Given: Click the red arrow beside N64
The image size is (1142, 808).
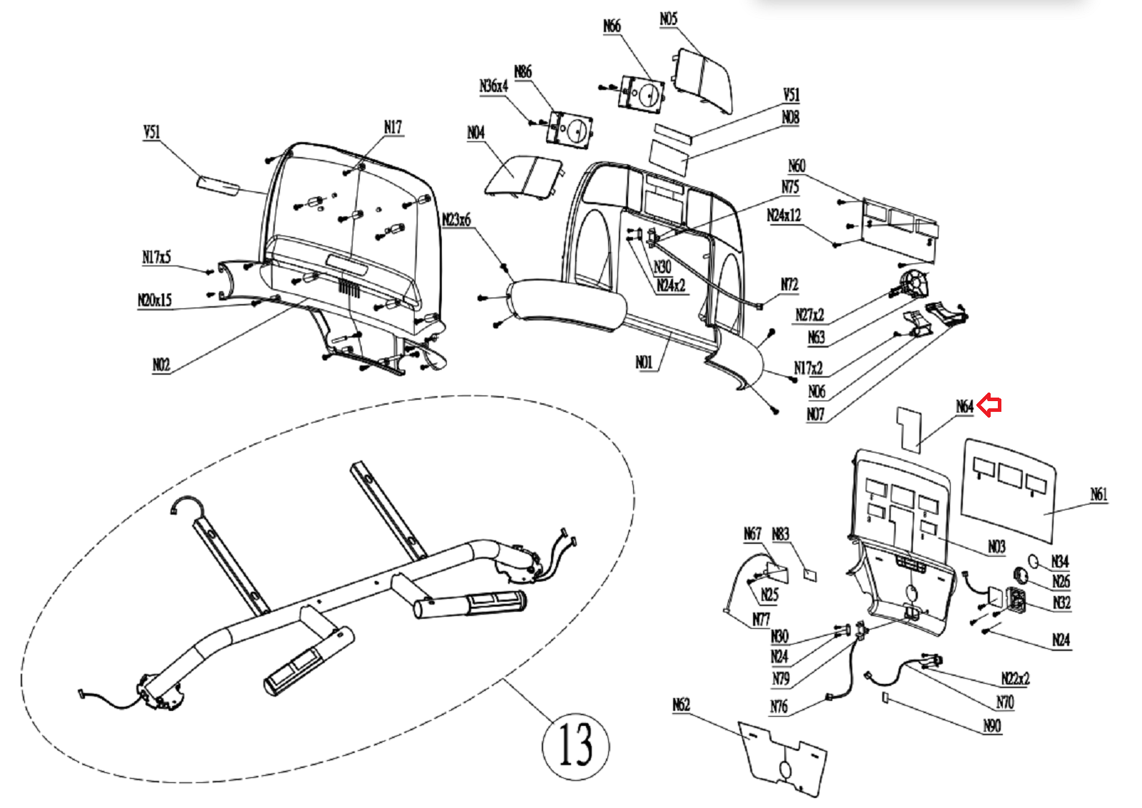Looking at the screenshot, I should [989, 405].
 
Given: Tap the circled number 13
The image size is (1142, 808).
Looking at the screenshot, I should [575, 745].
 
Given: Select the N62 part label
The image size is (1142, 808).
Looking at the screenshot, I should [682, 705].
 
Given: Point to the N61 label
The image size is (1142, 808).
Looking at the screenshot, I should [1098, 494].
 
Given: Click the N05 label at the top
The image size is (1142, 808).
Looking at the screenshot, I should [668, 19].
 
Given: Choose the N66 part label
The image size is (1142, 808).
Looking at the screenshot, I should [612, 26].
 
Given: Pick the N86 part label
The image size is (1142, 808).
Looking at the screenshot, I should [522, 72].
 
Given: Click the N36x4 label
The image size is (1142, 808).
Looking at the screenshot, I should [493, 86].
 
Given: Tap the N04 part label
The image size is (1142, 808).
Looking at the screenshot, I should [475, 133].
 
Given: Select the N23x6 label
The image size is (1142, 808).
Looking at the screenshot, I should [456, 220].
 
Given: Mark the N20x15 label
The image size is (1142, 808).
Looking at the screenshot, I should [155, 301].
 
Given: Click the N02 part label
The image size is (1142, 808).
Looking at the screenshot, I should [161, 365].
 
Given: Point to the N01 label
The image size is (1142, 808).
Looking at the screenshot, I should [644, 363].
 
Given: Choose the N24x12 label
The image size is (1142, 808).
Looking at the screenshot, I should [784, 216].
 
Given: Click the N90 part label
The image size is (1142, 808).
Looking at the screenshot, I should [992, 726].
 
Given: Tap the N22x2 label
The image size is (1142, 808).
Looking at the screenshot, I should [1015, 678].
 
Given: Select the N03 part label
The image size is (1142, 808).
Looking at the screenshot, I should [996, 547].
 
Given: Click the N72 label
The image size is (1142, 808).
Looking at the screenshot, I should [789, 285].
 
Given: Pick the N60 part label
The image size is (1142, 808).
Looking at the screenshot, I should [797, 166].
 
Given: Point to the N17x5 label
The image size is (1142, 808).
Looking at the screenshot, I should [156, 257].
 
